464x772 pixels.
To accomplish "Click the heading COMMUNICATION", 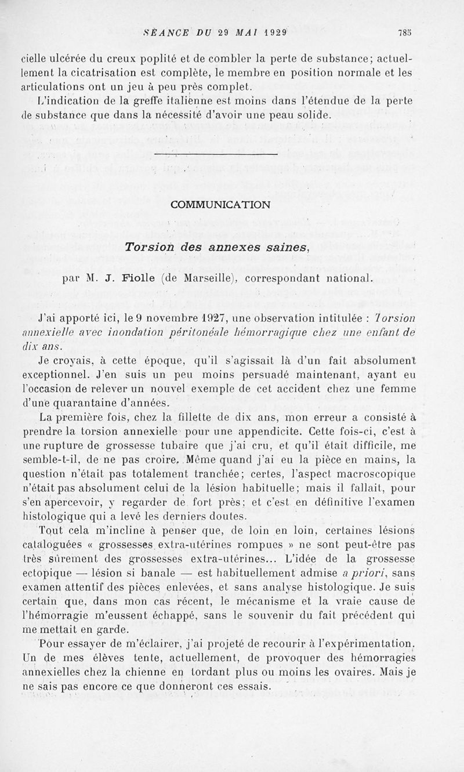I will [220, 204].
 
